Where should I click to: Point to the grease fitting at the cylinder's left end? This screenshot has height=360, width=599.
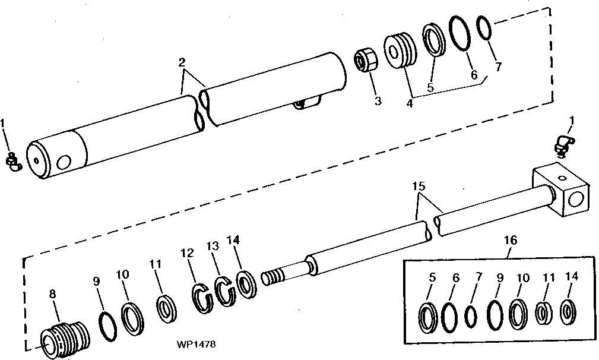[12, 162]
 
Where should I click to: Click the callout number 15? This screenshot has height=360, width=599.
[419, 186]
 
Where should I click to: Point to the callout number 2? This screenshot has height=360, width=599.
[182, 62]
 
